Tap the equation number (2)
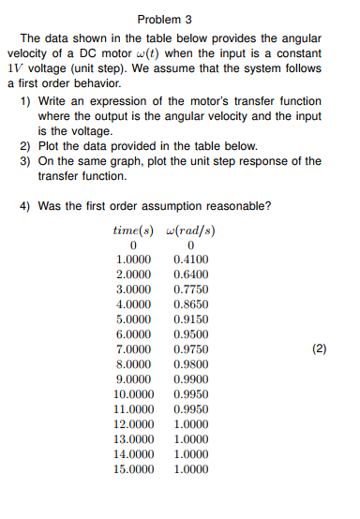coord(320,349)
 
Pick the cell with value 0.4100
coord(191,259)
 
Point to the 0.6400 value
coord(191,274)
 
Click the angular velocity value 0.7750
coord(191,289)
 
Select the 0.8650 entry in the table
coord(191,304)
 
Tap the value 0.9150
coord(191,319)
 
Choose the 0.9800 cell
coord(191,364)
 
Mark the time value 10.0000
coord(133,394)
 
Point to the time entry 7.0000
coord(133,349)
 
